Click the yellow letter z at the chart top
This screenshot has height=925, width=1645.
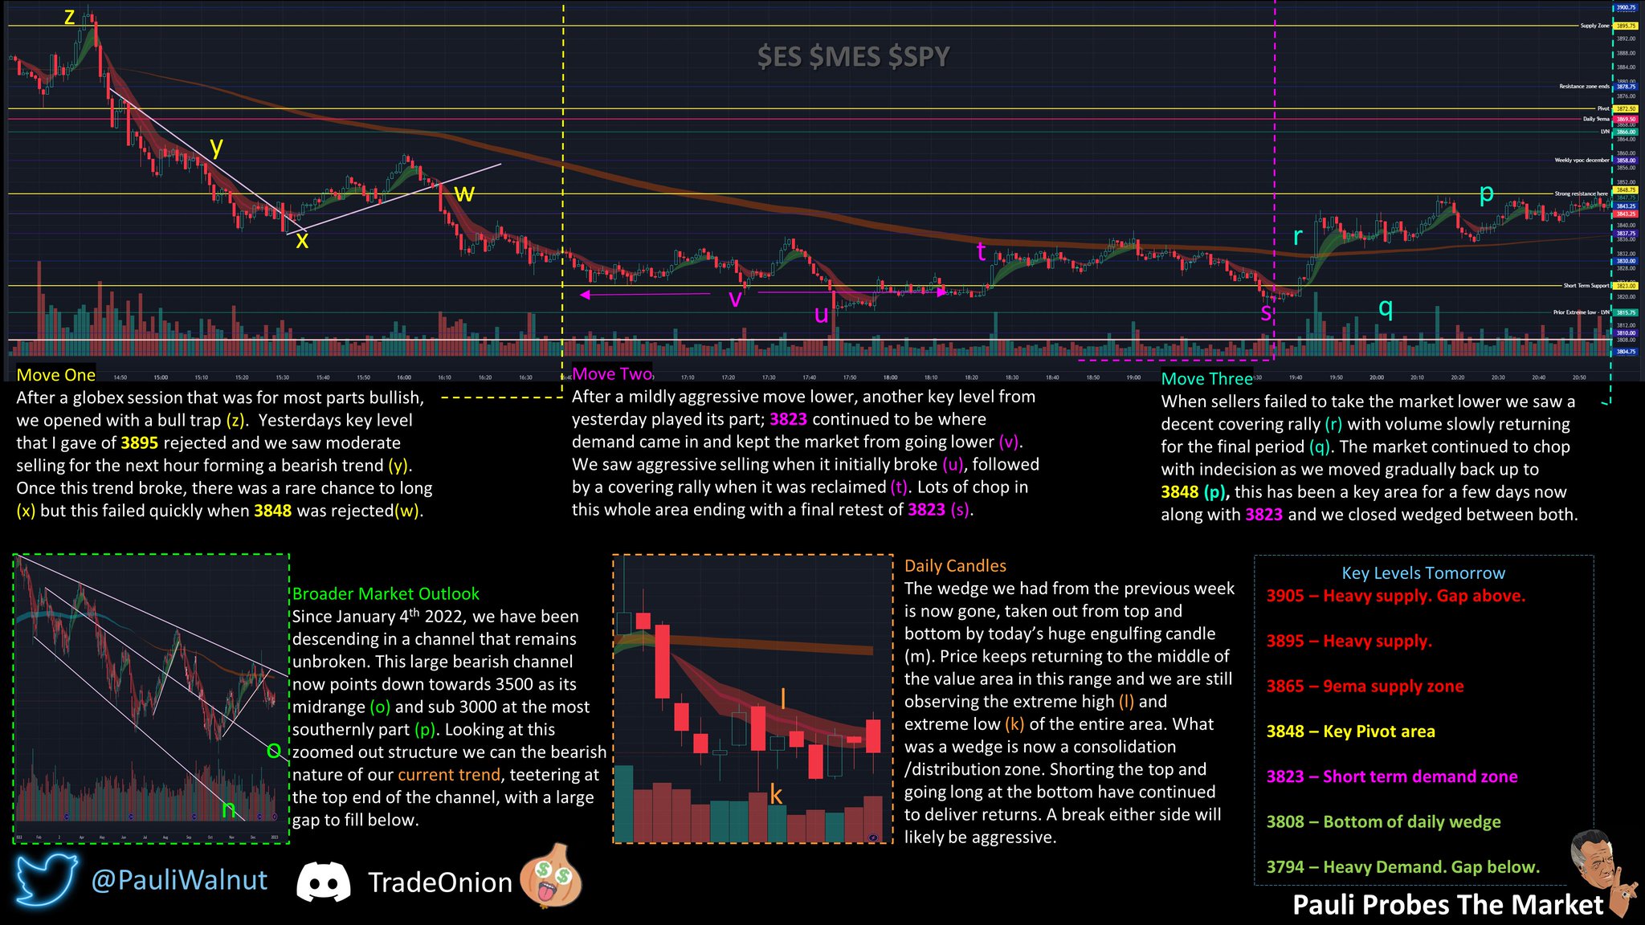click(70, 17)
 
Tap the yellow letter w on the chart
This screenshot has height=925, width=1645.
click(464, 194)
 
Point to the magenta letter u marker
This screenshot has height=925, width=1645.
click(821, 314)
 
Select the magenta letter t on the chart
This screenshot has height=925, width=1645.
click(981, 251)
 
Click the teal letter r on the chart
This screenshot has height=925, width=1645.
click(1297, 236)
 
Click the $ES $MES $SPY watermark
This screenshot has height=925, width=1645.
click(853, 57)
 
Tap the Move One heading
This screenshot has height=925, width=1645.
click(56, 375)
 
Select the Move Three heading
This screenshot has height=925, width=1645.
click(1206, 379)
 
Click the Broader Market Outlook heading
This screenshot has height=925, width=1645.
click(386, 594)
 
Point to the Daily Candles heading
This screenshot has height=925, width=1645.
click(955, 566)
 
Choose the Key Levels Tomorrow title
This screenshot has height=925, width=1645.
click(1423, 573)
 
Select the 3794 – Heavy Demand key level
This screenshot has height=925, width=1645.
click(1402, 867)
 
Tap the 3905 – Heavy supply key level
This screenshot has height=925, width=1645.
click(1395, 596)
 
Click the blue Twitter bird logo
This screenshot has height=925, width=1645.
click(46, 881)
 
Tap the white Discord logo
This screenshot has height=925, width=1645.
click(323, 882)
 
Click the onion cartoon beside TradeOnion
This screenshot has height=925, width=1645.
click(551, 876)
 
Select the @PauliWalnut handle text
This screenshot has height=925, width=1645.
click(179, 881)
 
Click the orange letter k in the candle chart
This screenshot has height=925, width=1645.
click(776, 795)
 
